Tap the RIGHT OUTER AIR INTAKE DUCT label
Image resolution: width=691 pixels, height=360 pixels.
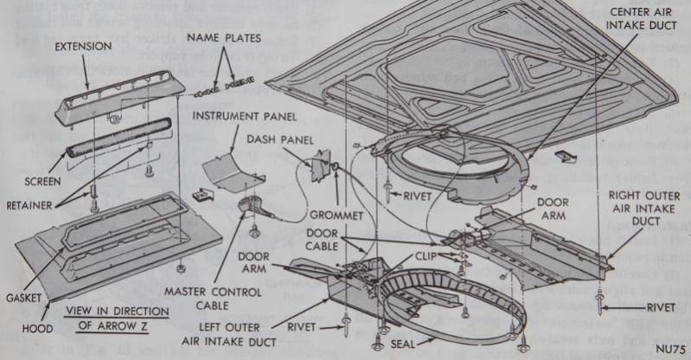643,208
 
